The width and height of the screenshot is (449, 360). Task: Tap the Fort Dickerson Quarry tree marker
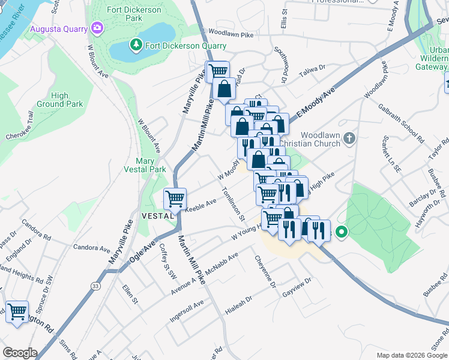[x=136, y=45]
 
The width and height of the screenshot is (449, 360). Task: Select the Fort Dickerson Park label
[x=134, y=14]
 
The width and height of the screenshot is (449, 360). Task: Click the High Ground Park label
[x=67, y=100]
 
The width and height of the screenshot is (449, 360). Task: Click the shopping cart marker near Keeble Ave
[x=175, y=198]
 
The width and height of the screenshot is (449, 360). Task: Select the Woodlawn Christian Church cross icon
[x=350, y=139]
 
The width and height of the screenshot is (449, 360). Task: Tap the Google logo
[x=20, y=353]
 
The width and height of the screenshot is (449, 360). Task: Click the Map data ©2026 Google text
[x=412, y=355]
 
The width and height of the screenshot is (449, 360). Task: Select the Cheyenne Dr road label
[x=265, y=271]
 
